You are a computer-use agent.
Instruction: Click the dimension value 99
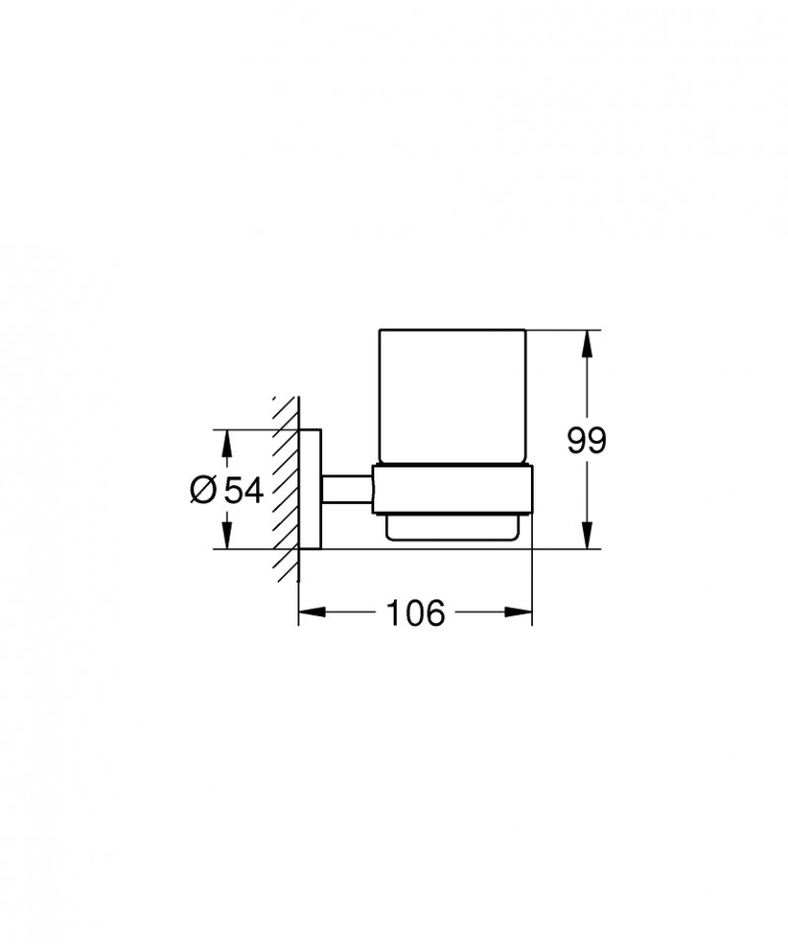pyautogui.click(x=586, y=440)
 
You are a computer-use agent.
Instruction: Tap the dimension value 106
pyautogui.click(x=415, y=612)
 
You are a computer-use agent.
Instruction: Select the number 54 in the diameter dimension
pyautogui.click(x=243, y=489)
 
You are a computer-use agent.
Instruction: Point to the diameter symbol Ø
pyautogui.click(x=203, y=489)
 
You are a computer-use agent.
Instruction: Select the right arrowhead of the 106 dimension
pyautogui.click(x=523, y=612)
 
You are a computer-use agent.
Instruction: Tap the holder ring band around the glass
pyautogui.click(x=452, y=488)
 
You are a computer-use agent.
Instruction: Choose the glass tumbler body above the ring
pyautogui.click(x=452, y=394)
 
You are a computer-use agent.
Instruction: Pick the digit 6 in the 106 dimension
pyautogui.click(x=434, y=612)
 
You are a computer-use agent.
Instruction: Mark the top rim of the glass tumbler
pyautogui.click(x=452, y=331)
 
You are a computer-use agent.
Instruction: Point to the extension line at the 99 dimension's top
pyautogui.click(x=566, y=330)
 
